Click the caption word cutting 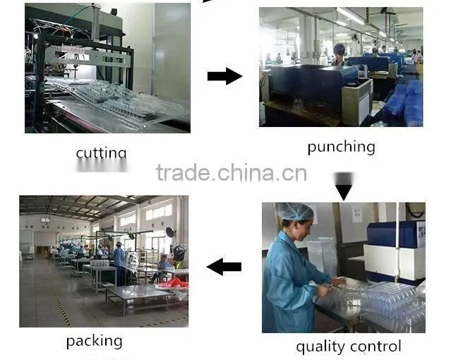(x=102, y=153)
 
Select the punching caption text (x=342, y=147)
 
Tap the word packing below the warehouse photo (x=94, y=342)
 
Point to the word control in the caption (x=374, y=346)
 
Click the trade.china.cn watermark (x=231, y=173)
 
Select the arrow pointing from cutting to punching (x=224, y=76)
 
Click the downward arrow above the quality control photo (x=344, y=186)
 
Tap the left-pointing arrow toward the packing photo (x=224, y=267)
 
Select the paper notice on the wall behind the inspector (x=357, y=214)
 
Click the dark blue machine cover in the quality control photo (x=392, y=234)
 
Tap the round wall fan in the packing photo (x=170, y=232)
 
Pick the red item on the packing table (x=173, y=284)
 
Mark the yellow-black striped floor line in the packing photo (x=64, y=311)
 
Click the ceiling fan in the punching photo (x=383, y=13)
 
